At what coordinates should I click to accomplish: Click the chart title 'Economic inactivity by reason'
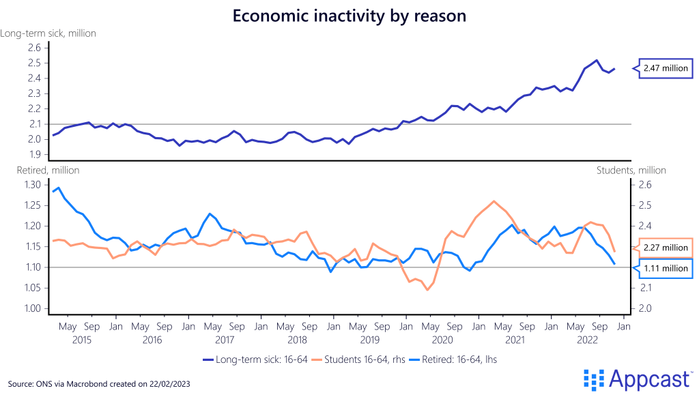[349, 16]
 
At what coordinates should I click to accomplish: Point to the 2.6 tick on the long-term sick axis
[34, 48]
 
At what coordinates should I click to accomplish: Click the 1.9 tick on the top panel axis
[34, 155]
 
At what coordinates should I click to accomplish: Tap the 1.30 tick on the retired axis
[31, 185]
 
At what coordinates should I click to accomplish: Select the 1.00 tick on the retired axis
[31, 308]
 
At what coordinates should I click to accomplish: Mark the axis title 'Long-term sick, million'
[48, 33]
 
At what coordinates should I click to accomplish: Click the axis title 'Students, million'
[631, 170]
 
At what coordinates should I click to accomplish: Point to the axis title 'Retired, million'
[40, 170]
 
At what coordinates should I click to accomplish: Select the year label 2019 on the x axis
[369, 339]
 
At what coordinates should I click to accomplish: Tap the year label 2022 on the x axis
[588, 339]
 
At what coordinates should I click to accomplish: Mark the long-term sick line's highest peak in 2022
[597, 60]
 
